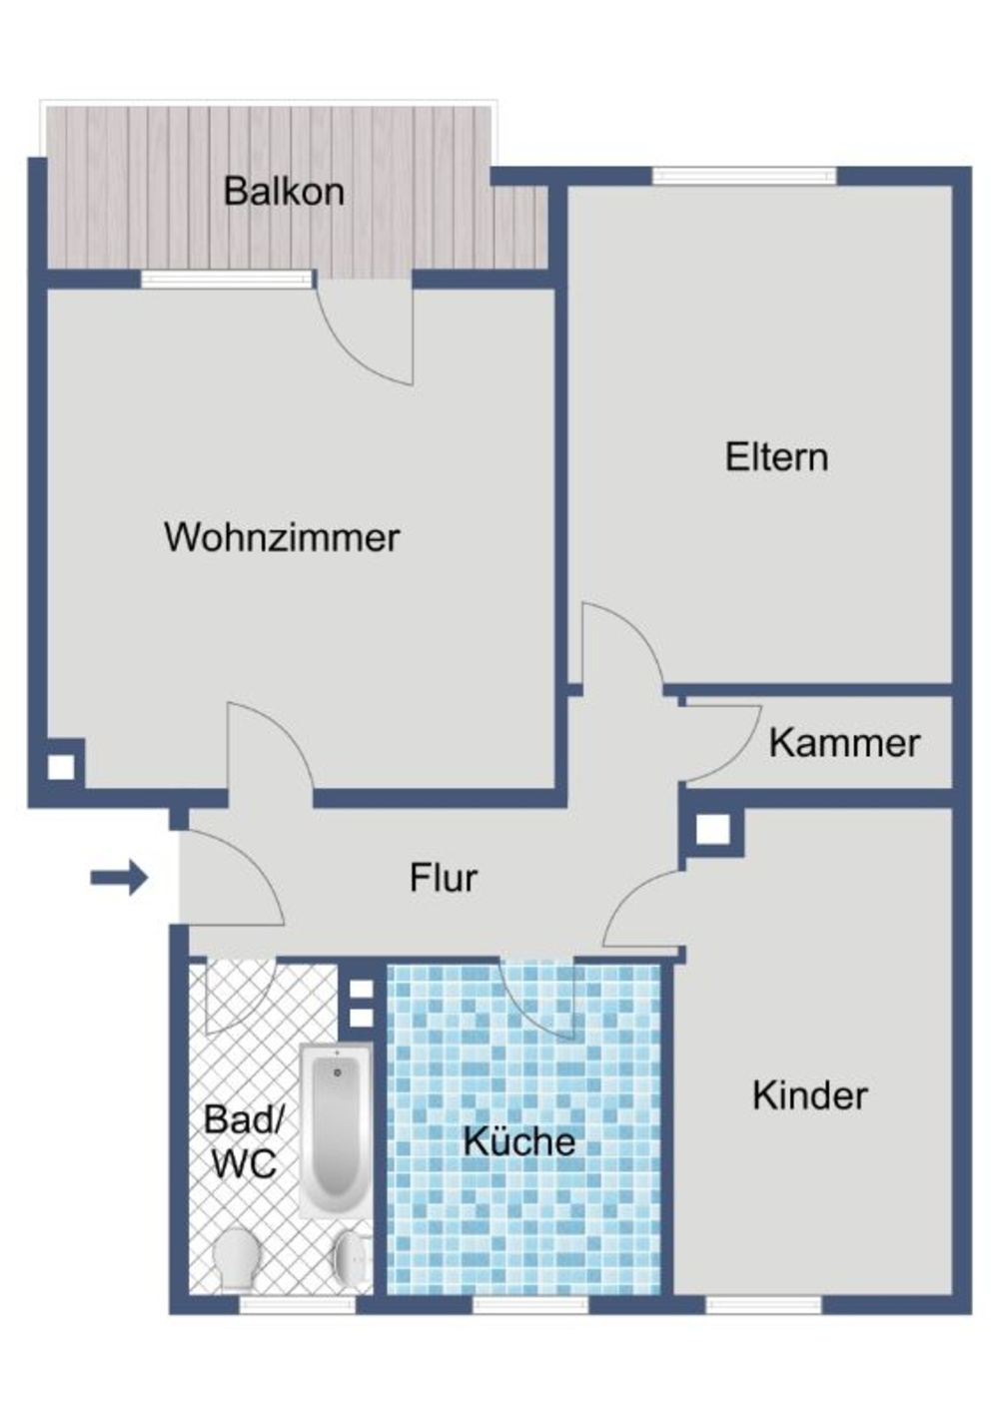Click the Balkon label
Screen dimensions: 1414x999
(x=284, y=191)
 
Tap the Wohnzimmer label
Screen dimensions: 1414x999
(x=282, y=537)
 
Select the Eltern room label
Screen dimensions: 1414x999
(x=776, y=457)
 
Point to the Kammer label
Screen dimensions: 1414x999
(x=844, y=743)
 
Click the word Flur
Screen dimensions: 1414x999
(x=443, y=878)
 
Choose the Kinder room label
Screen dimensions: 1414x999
(x=809, y=1095)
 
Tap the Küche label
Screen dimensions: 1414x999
(x=519, y=1141)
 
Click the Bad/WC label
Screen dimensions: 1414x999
(x=243, y=1142)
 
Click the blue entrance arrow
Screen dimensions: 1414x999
(x=119, y=879)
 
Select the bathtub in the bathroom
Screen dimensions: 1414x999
(x=336, y=1128)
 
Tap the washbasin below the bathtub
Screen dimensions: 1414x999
(x=352, y=1256)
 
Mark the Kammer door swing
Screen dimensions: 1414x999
(x=717, y=739)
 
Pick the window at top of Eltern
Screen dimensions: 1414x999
(x=744, y=176)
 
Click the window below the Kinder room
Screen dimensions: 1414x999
(x=763, y=1304)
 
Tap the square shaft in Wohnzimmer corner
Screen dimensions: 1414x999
(x=62, y=767)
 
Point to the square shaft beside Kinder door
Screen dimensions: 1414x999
(x=712, y=830)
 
